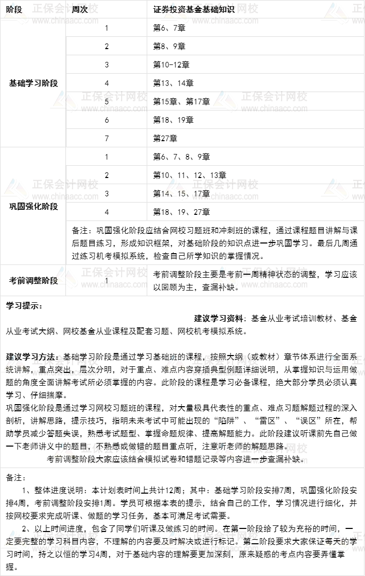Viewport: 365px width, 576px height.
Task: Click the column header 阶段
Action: (x=14, y=10)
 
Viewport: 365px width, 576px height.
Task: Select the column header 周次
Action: (x=79, y=10)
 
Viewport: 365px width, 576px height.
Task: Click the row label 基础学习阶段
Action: (x=33, y=83)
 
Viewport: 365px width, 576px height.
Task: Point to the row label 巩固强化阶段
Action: (x=33, y=206)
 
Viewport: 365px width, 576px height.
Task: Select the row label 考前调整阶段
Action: (x=33, y=280)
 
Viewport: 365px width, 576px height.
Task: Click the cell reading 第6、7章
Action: (x=169, y=28)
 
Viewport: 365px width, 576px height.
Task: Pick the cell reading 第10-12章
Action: (x=171, y=64)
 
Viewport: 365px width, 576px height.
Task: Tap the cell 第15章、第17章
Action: (x=181, y=101)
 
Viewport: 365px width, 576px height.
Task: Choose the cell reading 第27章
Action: (x=165, y=138)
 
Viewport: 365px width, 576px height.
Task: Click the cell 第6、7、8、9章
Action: (x=181, y=157)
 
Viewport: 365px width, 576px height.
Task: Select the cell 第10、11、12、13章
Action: (x=190, y=175)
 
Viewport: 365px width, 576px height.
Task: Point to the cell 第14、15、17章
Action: (x=181, y=193)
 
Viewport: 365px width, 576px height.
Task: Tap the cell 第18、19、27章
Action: (x=181, y=212)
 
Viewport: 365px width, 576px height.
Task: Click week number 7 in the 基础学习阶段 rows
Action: (x=107, y=138)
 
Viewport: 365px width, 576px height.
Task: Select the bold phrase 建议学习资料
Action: (x=219, y=318)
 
